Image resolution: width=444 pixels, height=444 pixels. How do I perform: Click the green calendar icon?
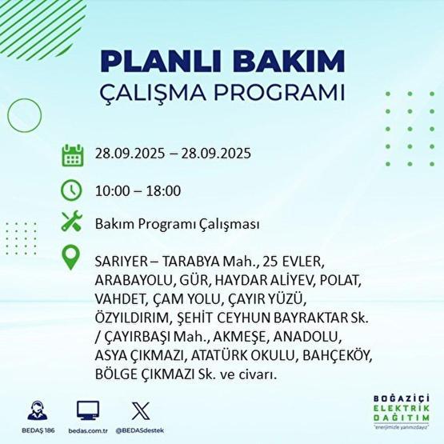point(72,154)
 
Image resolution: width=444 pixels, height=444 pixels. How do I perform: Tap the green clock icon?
point(72,190)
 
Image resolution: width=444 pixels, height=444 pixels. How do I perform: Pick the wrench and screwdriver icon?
point(72,224)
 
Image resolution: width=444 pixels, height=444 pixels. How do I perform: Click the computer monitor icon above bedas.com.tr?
point(88,410)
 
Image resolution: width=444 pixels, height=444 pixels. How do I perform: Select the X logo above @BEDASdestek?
point(141,410)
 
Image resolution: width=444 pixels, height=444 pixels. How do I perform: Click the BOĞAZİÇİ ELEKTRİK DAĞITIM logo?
point(402,410)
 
